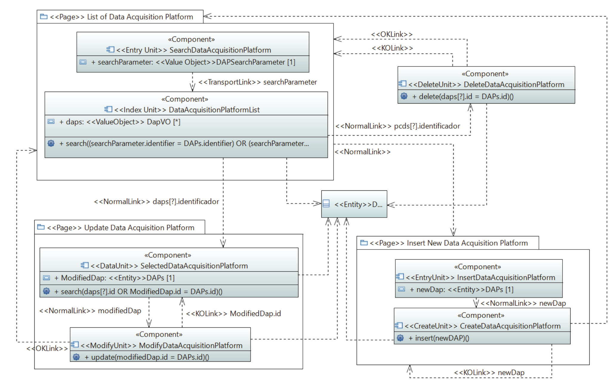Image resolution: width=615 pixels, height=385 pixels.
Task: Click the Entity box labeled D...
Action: click(x=354, y=204)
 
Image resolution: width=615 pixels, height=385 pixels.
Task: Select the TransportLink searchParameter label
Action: click(x=258, y=82)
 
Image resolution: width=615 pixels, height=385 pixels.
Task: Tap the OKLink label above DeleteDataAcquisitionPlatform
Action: click(x=391, y=34)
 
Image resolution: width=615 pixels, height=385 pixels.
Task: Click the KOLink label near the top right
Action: click(x=392, y=48)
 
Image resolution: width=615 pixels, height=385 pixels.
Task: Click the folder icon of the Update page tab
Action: click(x=41, y=227)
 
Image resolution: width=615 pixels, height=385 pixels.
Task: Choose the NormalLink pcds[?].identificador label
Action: click(x=397, y=126)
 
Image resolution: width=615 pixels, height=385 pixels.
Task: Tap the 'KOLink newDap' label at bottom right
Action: click(x=489, y=372)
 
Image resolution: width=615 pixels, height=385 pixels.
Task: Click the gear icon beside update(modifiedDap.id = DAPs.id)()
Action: click(x=76, y=357)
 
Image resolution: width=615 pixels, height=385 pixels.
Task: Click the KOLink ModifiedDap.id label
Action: click(x=233, y=313)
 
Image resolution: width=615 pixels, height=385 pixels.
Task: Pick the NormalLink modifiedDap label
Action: click(x=90, y=311)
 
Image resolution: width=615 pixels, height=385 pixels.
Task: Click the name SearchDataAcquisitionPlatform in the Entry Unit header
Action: click(x=220, y=50)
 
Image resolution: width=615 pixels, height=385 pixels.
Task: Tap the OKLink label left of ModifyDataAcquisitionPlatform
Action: click(x=47, y=348)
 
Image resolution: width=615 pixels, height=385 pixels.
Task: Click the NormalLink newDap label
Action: click(x=523, y=303)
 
